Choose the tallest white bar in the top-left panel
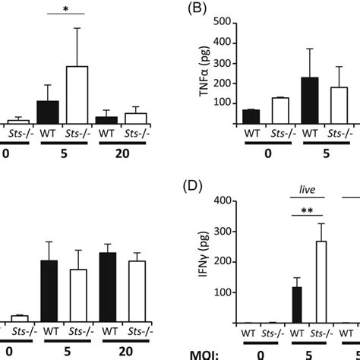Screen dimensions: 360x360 (x=77, y=95)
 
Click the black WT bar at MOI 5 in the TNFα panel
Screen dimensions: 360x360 (x=310, y=100)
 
